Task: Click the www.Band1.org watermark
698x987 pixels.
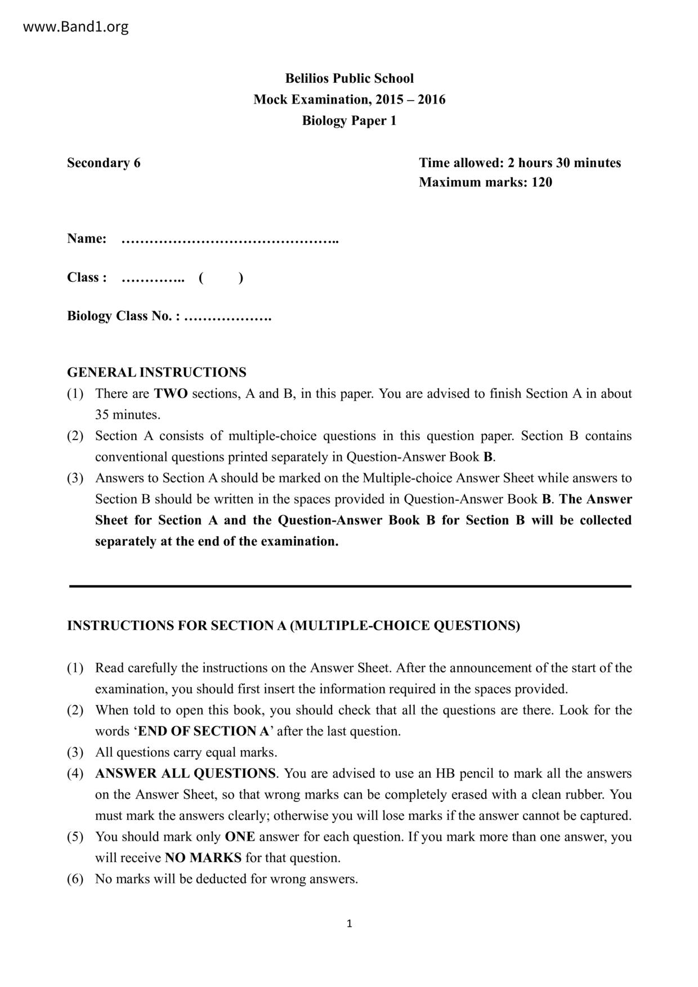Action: click(75, 27)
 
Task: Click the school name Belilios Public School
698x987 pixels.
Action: click(349, 78)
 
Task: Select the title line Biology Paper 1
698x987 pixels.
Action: click(349, 120)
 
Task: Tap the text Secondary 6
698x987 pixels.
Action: click(104, 163)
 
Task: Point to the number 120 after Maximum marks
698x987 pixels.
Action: click(542, 182)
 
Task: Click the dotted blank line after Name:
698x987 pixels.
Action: click(230, 240)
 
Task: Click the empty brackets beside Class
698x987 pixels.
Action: click(221, 277)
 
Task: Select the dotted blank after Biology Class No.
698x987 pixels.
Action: click(227, 317)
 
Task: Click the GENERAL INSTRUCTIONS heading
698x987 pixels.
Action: click(156, 373)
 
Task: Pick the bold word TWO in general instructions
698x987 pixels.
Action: click(171, 393)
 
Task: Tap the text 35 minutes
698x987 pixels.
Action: click(127, 415)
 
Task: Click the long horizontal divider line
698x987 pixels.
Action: click(350, 586)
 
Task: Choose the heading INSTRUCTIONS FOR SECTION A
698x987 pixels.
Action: click(293, 626)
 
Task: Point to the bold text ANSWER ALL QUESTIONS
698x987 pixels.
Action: click(185, 773)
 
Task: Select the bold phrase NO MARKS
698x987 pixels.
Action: click(203, 858)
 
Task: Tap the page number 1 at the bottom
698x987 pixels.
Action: click(349, 923)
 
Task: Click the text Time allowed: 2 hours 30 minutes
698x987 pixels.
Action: click(520, 163)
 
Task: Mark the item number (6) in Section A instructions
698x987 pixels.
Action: click(75, 879)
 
